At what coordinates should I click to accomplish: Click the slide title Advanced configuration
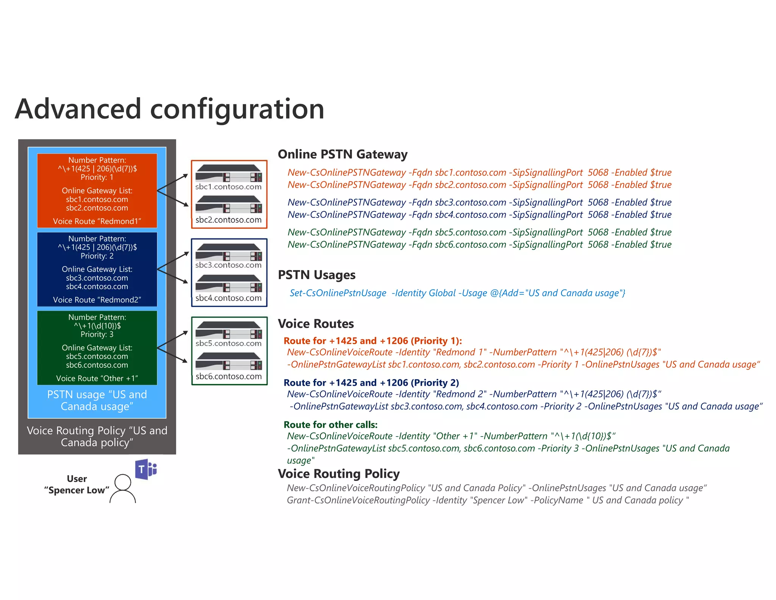(169, 109)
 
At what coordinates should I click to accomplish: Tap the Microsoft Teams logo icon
(146, 469)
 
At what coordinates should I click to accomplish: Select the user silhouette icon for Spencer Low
(123, 488)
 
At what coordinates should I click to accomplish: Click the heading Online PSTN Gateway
(343, 154)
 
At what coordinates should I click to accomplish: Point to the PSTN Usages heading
(316, 275)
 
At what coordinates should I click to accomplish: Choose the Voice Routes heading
(316, 324)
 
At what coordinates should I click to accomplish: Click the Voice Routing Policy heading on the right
(339, 474)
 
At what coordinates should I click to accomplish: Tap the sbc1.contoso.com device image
(228, 173)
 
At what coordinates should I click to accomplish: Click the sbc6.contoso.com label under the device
(228, 377)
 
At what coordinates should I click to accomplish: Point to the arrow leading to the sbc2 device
(173, 198)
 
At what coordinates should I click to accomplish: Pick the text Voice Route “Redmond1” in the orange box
(97, 221)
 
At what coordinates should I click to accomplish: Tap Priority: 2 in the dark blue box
(97, 256)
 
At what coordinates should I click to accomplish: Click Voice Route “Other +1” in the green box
(97, 379)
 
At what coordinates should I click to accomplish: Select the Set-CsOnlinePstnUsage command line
(457, 293)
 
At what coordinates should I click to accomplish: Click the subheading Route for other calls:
(330, 425)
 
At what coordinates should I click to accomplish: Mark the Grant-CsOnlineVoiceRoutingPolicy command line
(488, 500)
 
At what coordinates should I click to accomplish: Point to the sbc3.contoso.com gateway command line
(479, 203)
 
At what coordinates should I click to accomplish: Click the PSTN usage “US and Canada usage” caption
(97, 401)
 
